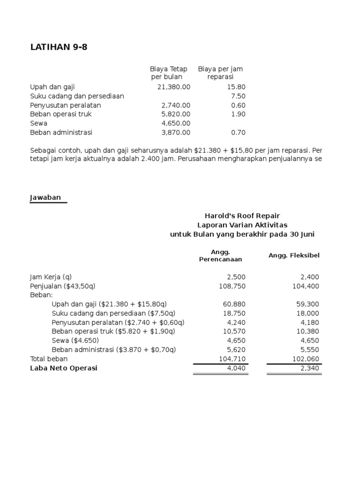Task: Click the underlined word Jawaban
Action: click(x=45, y=197)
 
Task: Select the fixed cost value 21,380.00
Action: click(x=173, y=87)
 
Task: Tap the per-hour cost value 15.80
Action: click(x=237, y=87)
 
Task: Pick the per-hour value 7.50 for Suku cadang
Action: click(x=238, y=96)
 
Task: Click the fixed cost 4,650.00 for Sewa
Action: click(x=176, y=123)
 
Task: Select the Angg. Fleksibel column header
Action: click(x=294, y=255)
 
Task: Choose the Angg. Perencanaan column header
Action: click(x=220, y=255)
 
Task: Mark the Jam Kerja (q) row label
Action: click(x=51, y=277)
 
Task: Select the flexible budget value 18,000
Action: click(x=307, y=314)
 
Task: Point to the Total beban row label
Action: click(x=49, y=359)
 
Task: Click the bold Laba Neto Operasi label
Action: click(x=64, y=368)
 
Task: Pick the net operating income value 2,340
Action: click(x=309, y=368)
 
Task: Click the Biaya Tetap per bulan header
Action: click(x=168, y=73)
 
